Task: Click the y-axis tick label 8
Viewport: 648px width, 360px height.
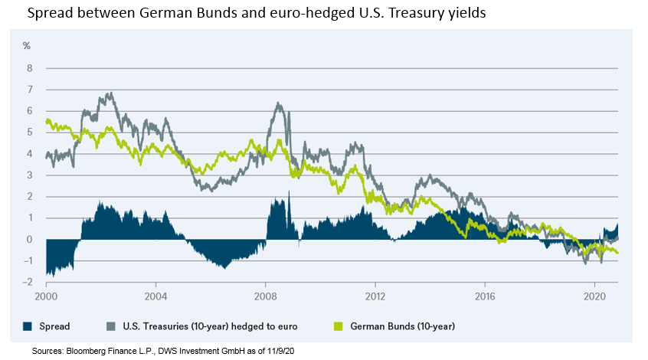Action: [x=31, y=68]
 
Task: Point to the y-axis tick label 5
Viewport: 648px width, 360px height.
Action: [x=31, y=133]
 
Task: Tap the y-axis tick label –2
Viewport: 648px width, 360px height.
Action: [x=29, y=283]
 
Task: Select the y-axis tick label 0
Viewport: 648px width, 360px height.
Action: [x=31, y=240]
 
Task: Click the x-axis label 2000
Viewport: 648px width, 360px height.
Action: [x=46, y=295]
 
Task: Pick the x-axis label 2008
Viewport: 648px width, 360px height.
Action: [x=266, y=295]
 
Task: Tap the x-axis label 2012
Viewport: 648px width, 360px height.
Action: [x=375, y=295]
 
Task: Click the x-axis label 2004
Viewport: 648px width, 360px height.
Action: [x=155, y=295]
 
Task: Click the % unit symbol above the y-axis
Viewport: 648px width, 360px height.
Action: [x=27, y=47]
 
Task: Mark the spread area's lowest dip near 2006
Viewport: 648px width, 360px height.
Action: [x=223, y=267]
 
